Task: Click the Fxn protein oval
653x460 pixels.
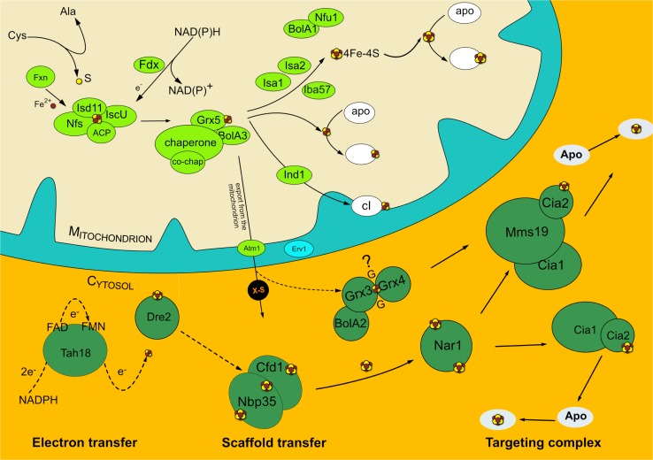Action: point(40,77)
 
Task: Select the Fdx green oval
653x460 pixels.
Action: point(150,65)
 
